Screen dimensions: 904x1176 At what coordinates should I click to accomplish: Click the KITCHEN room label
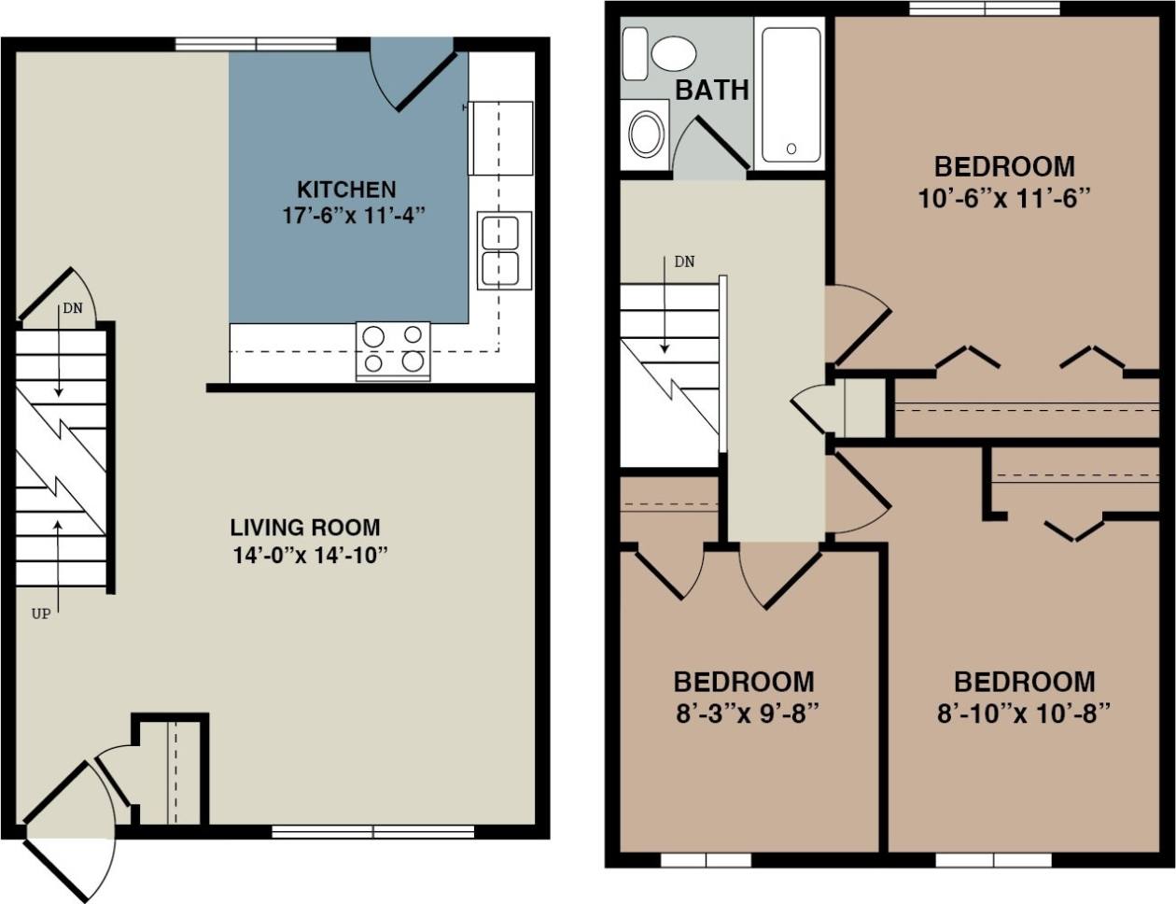(346, 190)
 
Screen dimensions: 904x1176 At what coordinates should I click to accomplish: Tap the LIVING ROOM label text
(305, 527)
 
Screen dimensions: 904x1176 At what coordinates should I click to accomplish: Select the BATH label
(712, 91)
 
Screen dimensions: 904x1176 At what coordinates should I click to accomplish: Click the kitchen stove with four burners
(393, 350)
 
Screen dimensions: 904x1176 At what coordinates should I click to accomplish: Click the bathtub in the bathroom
(791, 93)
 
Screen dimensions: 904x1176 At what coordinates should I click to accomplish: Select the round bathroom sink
(647, 134)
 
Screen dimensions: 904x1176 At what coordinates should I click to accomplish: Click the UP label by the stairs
(41, 614)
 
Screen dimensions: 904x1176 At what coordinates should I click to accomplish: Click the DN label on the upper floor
(684, 262)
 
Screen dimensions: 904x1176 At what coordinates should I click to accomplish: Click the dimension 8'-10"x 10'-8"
(1024, 714)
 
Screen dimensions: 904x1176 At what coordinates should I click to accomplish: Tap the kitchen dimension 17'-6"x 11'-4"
(353, 216)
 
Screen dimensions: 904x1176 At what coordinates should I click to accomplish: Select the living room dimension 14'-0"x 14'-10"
(310, 556)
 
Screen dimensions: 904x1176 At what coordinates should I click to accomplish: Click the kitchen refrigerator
(501, 138)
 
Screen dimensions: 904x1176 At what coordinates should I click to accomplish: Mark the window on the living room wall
(373, 831)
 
